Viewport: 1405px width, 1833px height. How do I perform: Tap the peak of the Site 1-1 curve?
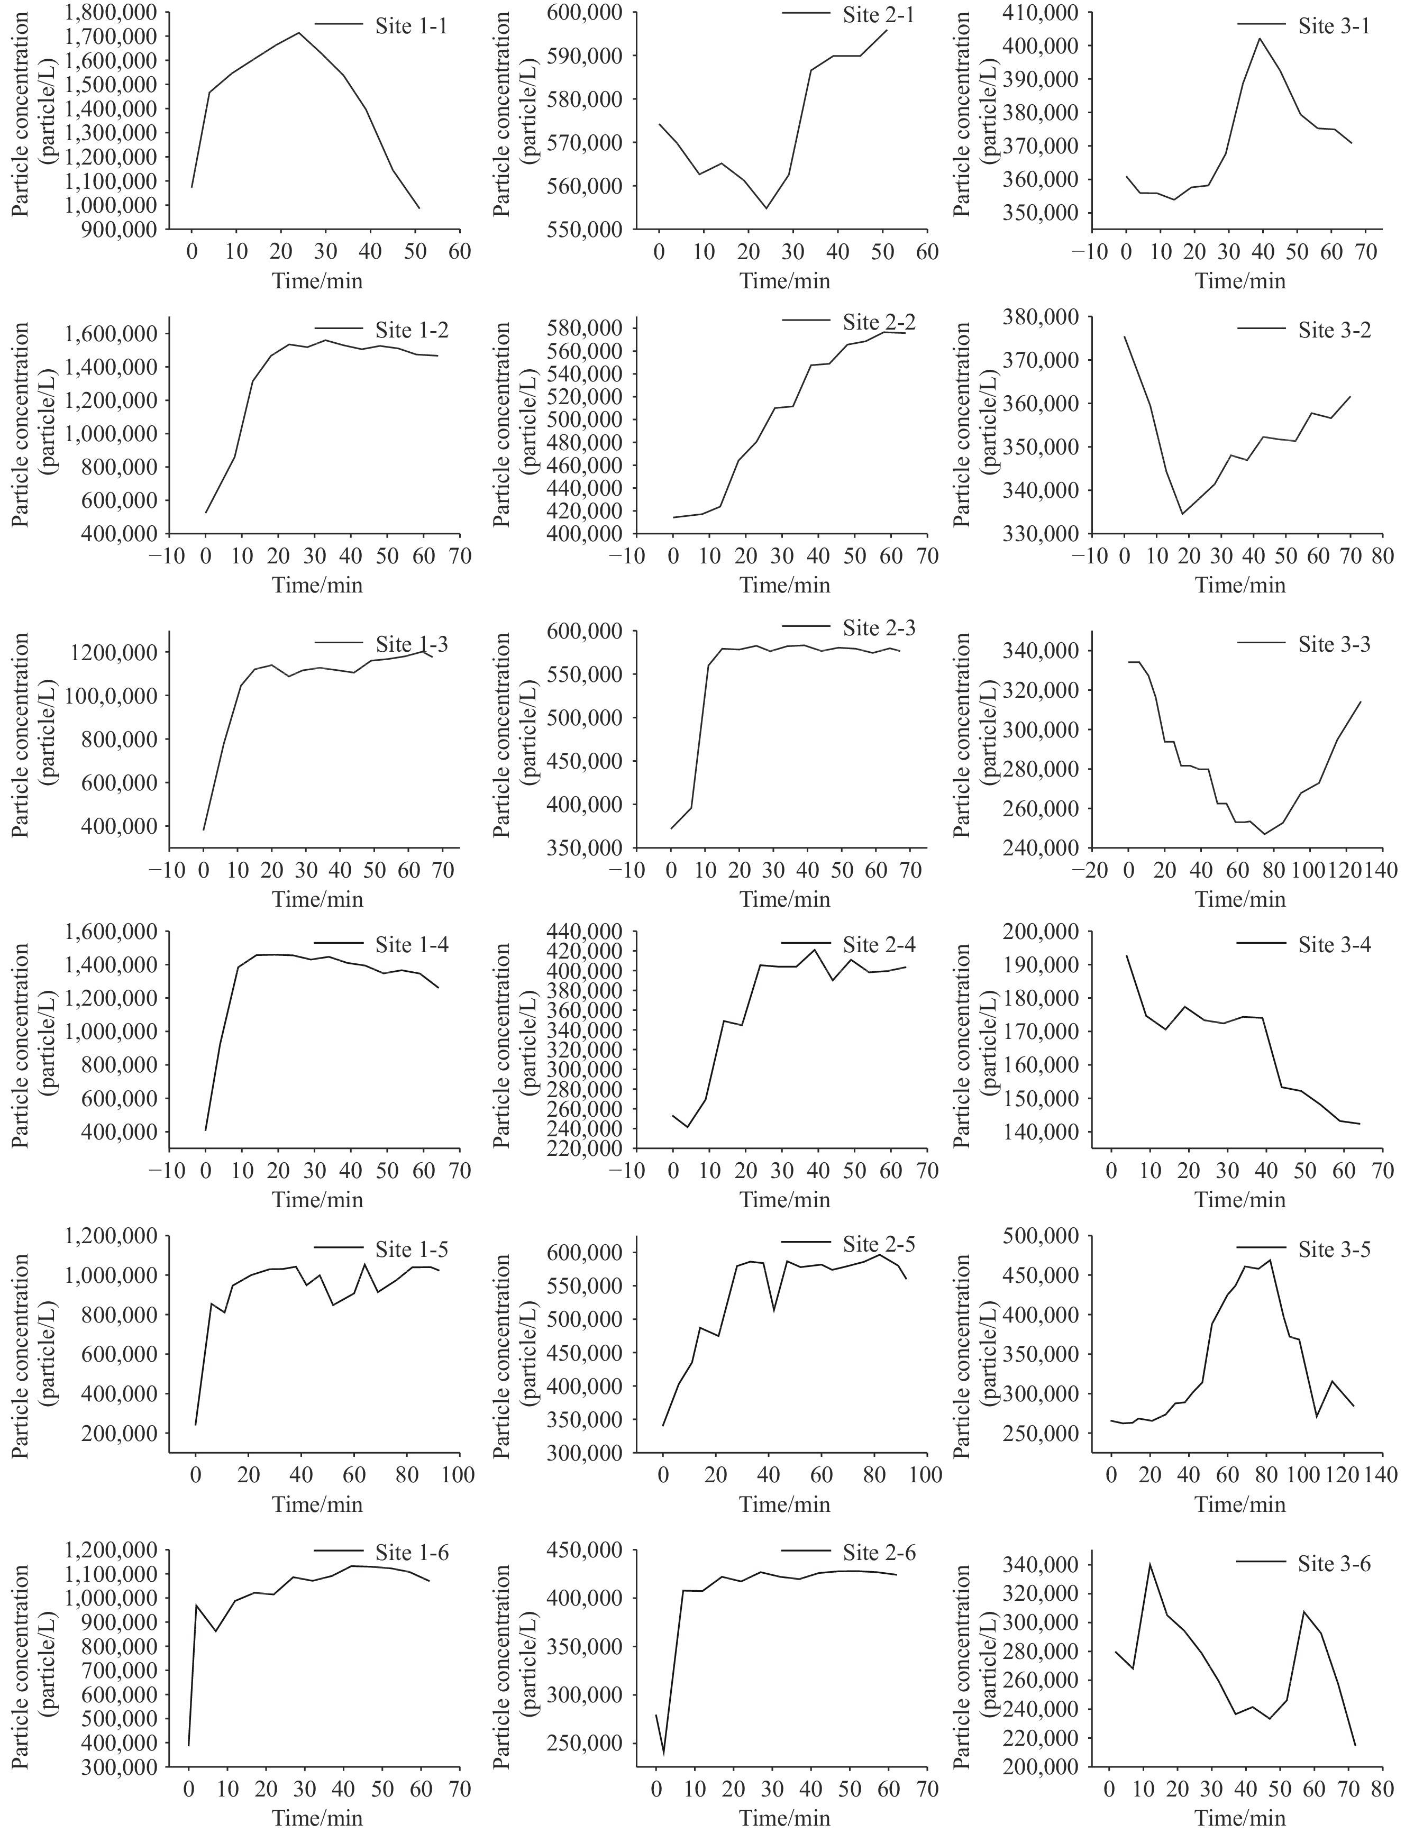pyautogui.click(x=298, y=33)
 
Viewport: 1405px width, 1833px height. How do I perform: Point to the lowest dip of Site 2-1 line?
pyautogui.click(x=766, y=208)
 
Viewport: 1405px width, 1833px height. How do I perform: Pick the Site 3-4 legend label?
pyautogui.click(x=1334, y=945)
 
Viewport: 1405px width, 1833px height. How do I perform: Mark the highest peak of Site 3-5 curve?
pyautogui.click(x=1271, y=1260)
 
